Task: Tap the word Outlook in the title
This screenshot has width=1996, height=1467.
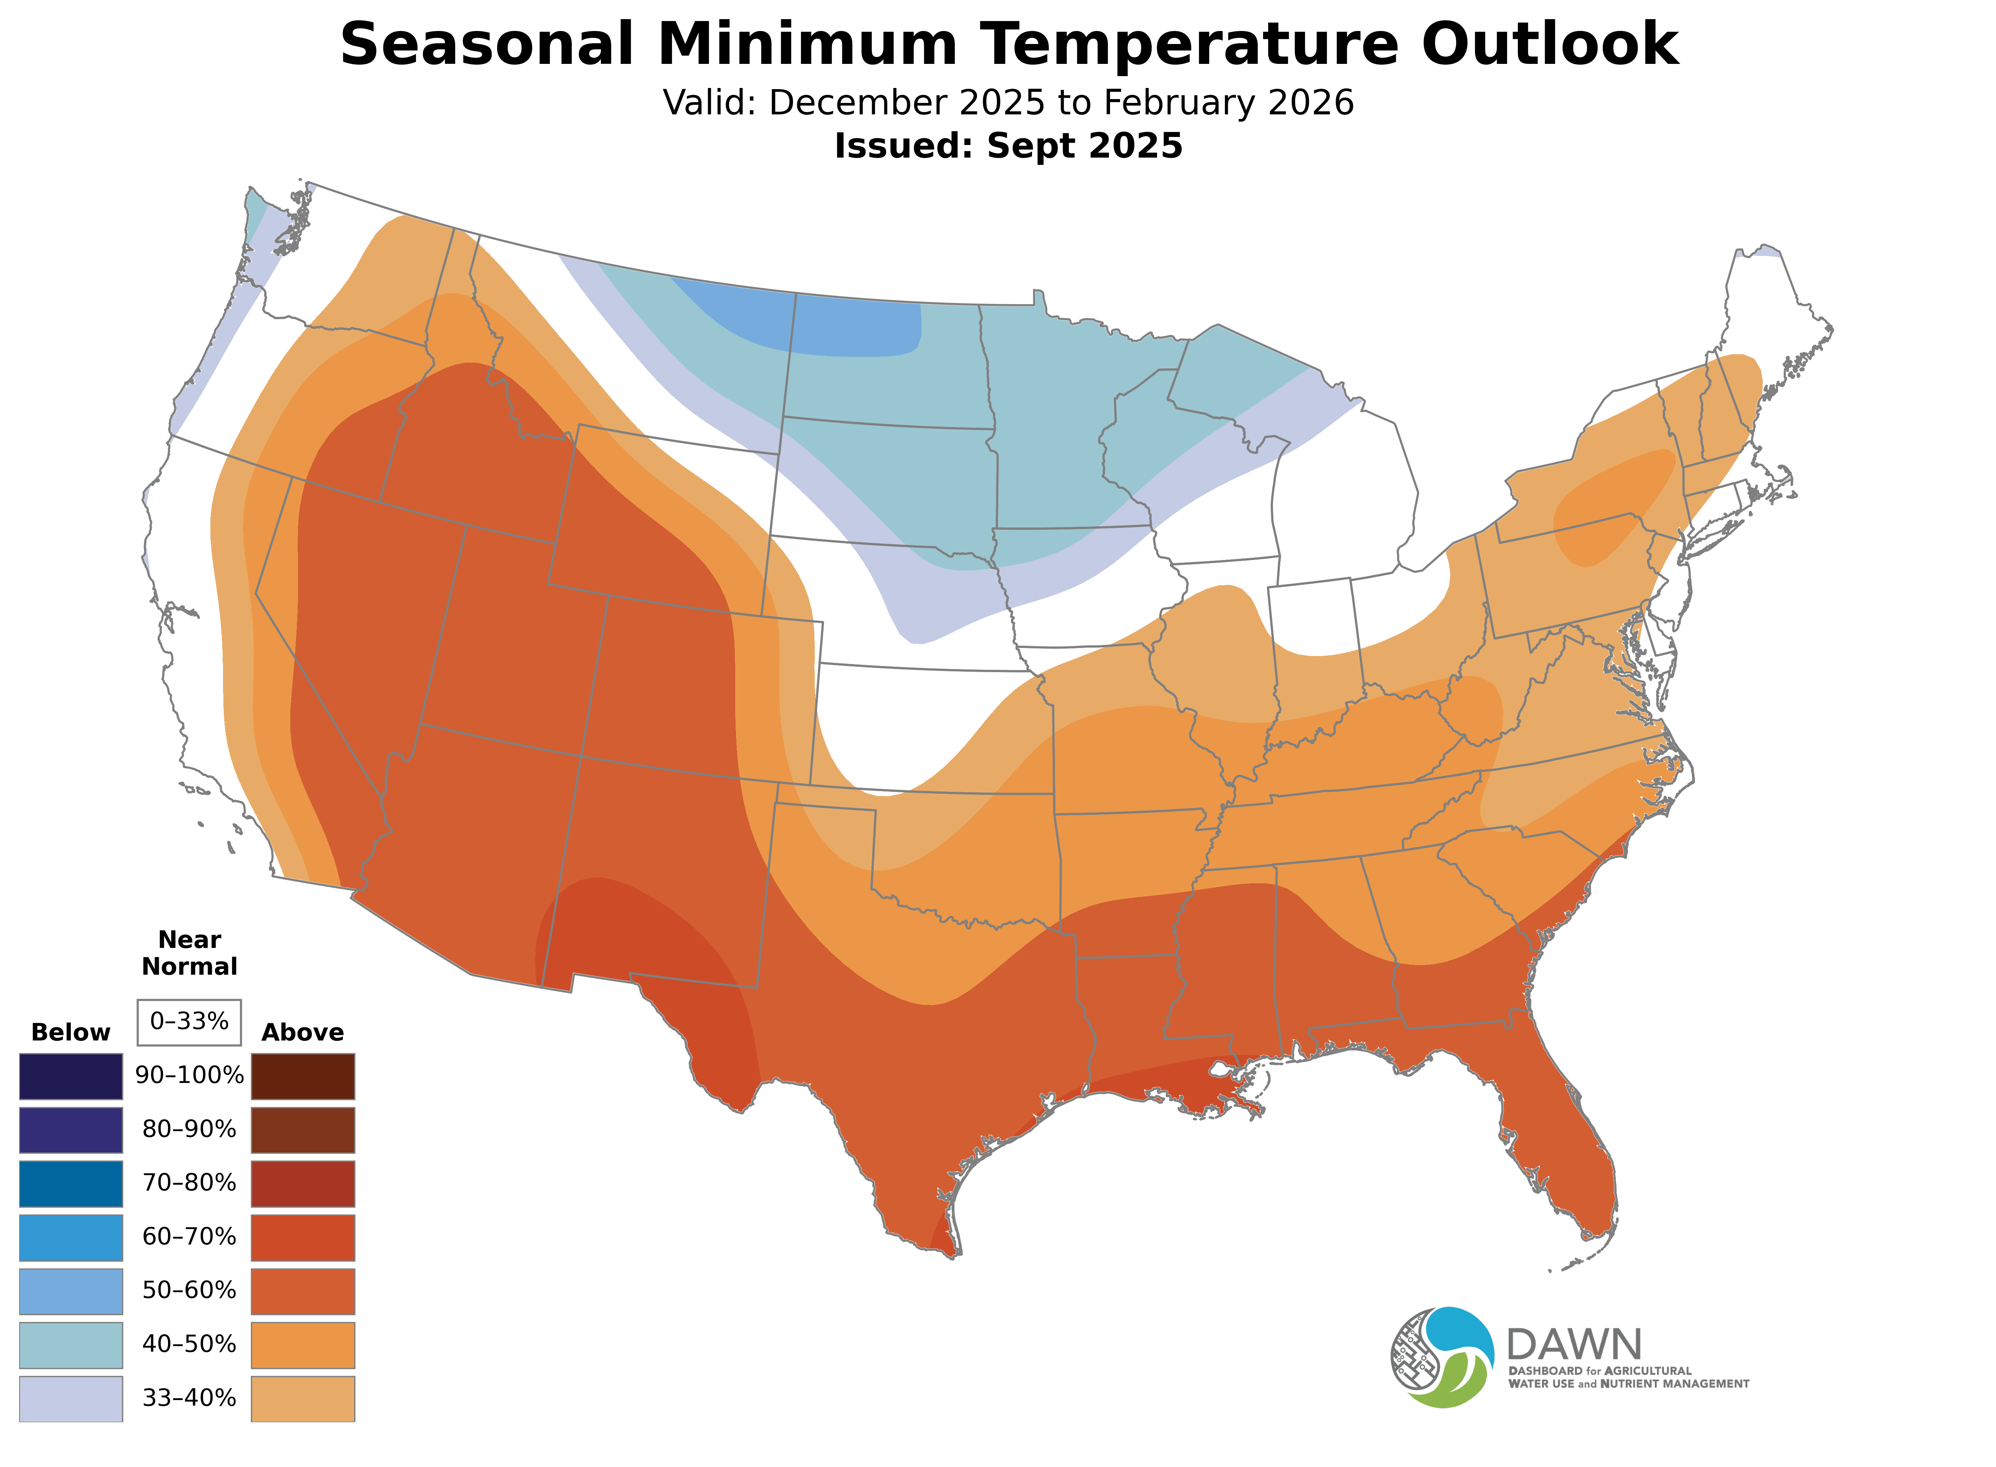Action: tap(1549, 44)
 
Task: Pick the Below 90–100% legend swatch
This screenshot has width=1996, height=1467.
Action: tap(71, 1076)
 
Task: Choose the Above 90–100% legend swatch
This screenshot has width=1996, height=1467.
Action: tap(303, 1076)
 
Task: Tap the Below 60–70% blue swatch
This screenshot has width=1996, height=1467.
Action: tap(71, 1237)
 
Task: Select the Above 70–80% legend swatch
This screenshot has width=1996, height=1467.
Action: tap(303, 1184)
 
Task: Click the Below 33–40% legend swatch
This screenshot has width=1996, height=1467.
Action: tap(71, 1398)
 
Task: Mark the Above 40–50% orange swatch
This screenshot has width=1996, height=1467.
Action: tap(303, 1345)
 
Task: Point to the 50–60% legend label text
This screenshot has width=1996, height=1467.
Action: tap(189, 1290)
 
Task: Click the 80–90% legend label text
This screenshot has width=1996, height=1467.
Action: tap(189, 1130)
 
